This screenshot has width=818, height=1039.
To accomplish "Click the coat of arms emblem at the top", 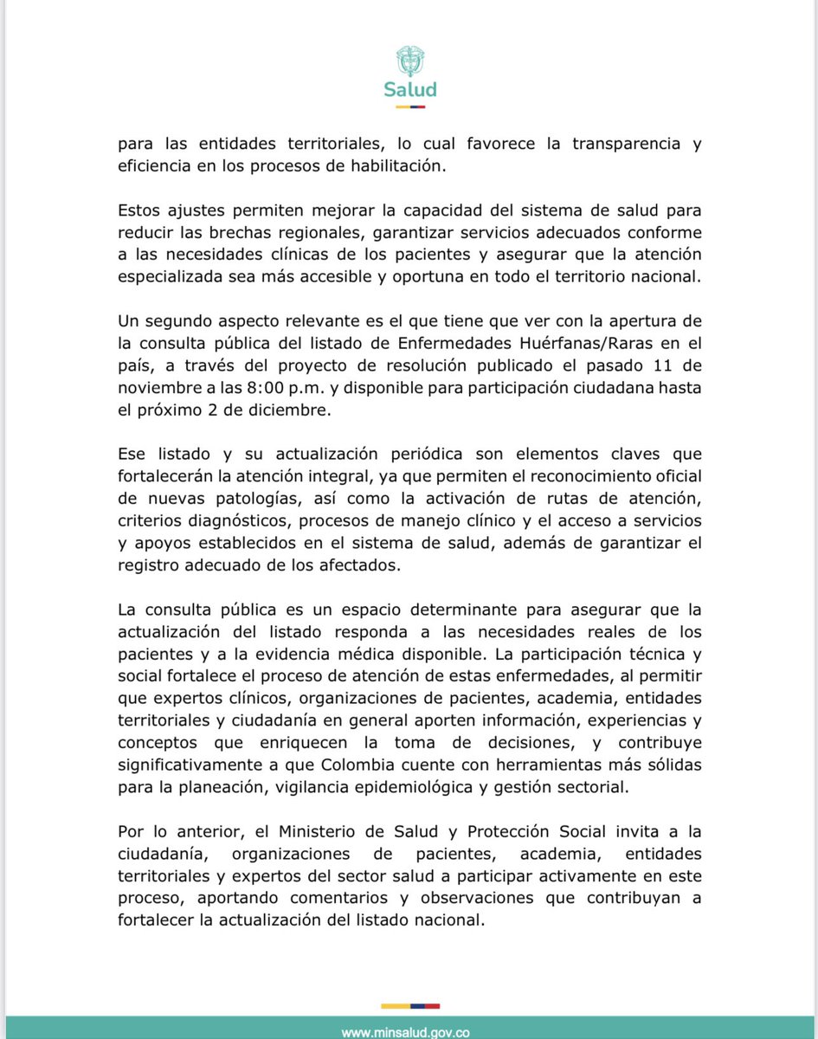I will tap(409, 61).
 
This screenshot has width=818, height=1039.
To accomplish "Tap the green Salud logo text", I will tap(409, 89).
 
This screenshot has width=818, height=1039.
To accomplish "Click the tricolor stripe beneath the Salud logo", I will tap(409, 106).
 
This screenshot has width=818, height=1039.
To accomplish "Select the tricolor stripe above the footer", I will tap(409, 1006).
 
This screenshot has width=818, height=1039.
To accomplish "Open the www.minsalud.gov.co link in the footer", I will tap(406, 1032).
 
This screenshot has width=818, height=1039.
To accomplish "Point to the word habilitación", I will tap(402, 167).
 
